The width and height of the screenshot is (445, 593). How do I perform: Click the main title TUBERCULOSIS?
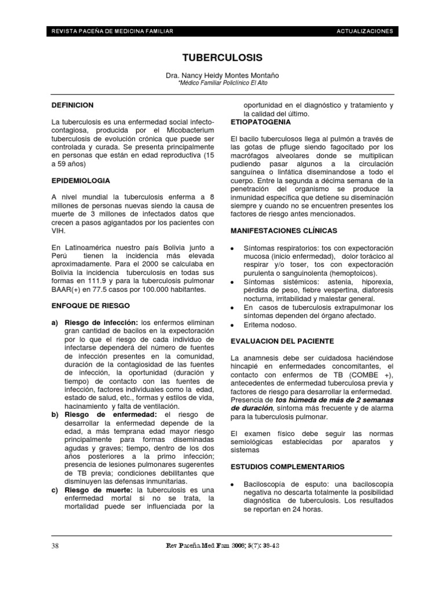tap(222, 57)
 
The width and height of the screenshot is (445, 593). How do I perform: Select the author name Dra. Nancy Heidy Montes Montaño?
tap(222, 76)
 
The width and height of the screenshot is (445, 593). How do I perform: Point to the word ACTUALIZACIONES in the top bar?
tap(364, 31)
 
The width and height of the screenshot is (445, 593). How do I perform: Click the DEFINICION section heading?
tap(72, 105)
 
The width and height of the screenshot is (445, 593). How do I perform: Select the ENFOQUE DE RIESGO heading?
tap(90, 305)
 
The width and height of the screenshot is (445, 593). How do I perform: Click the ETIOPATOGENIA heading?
tap(261, 123)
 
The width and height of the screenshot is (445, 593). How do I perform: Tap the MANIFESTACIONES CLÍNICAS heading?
tap(283, 230)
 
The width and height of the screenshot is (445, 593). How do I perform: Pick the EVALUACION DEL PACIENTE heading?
tap(282, 341)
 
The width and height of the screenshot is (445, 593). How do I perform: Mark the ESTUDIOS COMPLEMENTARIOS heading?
tap(287, 467)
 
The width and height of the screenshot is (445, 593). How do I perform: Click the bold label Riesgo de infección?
tap(101, 322)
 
